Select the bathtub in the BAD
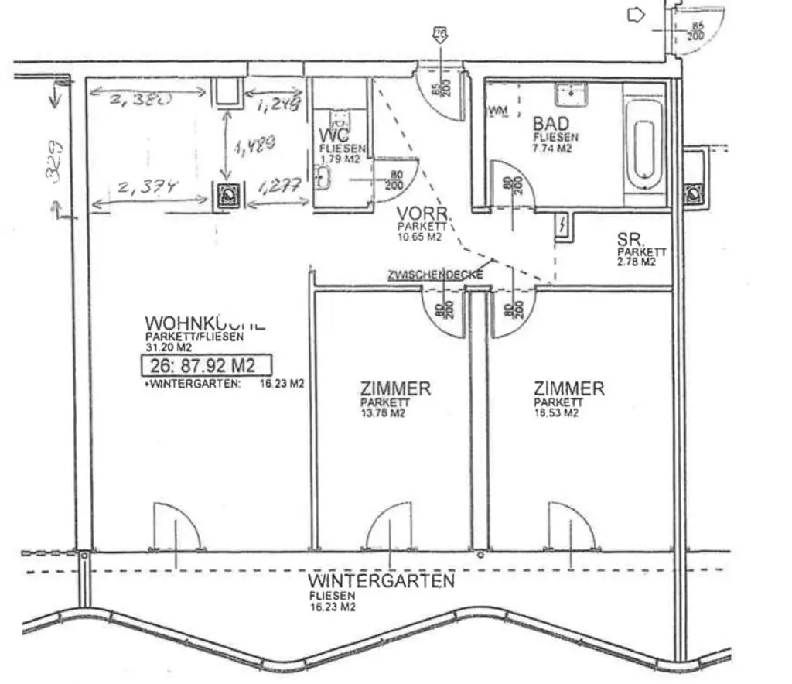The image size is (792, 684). pyautogui.click(x=644, y=145)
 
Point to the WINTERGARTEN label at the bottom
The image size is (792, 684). pyautogui.click(x=381, y=580)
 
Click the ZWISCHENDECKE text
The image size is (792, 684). pyautogui.click(x=435, y=275)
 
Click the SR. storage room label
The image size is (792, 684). pyautogui.click(x=631, y=240)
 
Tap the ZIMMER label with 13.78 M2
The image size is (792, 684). pyautogui.click(x=394, y=388)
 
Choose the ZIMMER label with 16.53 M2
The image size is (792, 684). pyautogui.click(x=568, y=388)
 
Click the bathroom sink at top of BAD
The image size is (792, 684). pyautogui.click(x=572, y=95)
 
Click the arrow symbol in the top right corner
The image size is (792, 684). pyautogui.click(x=636, y=15)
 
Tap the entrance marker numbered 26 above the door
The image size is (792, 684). pyautogui.click(x=440, y=33)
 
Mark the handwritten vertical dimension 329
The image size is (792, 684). pyautogui.click(x=54, y=160)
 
